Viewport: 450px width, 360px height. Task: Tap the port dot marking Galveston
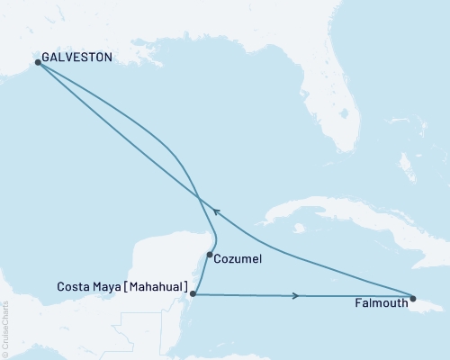click(38, 62)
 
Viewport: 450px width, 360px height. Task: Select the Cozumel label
click(239, 259)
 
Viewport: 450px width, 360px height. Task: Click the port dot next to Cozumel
click(210, 255)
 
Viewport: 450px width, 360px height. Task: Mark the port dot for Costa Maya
click(193, 293)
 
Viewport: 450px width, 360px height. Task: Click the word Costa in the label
click(73, 287)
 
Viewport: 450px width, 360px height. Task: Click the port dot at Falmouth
click(413, 298)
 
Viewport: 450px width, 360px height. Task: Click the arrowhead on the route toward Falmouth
click(296, 295)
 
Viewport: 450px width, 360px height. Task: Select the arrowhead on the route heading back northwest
click(215, 214)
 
